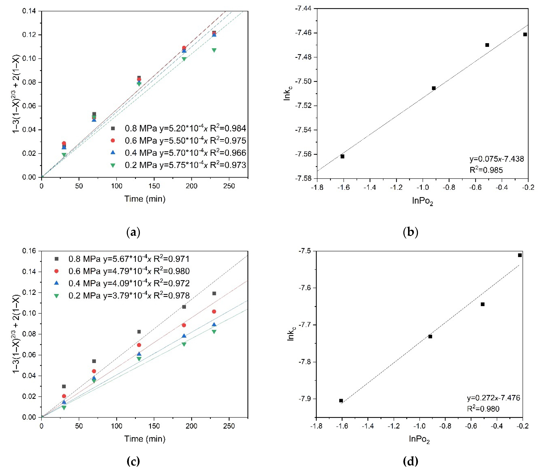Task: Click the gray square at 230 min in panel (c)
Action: [x=214, y=293]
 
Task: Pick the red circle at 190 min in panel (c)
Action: [x=184, y=325]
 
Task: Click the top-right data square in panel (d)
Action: [x=520, y=255]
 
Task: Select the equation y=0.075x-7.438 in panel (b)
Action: [x=496, y=159]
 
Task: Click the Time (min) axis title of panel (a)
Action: [x=145, y=199]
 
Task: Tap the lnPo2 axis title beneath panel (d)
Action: [x=419, y=439]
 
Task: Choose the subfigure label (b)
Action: [x=411, y=232]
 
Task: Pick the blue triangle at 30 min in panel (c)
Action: [x=64, y=402]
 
